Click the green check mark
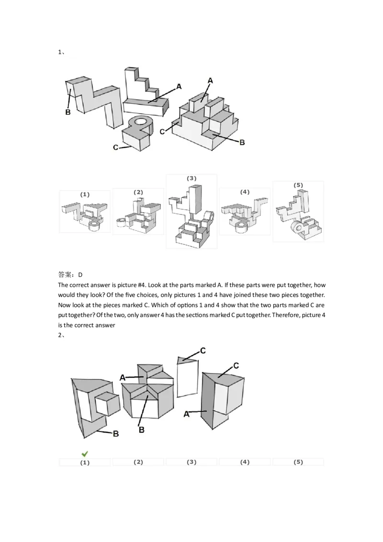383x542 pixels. (x=85, y=453)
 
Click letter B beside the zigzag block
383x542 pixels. (x=68, y=113)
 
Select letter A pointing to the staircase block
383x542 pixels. (x=179, y=87)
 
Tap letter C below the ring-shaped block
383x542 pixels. (x=116, y=147)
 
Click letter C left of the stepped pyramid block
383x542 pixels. (x=163, y=132)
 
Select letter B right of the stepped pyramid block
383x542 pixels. (x=242, y=142)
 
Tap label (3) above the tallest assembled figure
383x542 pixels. (x=191, y=178)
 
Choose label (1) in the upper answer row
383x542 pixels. (x=85, y=194)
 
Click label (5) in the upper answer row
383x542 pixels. (x=298, y=185)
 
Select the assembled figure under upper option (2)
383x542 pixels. (x=138, y=215)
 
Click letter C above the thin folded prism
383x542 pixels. (x=203, y=351)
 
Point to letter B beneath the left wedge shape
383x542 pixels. (x=115, y=433)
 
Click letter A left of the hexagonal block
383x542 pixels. (x=123, y=378)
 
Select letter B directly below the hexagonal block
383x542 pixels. (x=142, y=430)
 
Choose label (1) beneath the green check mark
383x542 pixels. (x=85, y=463)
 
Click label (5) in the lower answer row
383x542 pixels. (x=298, y=463)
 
